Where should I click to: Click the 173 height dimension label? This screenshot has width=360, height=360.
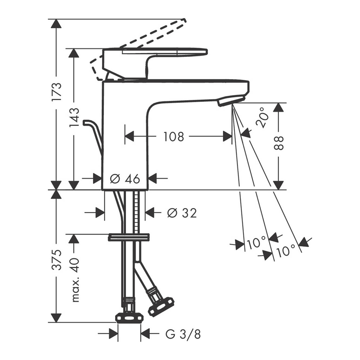coord(57,91)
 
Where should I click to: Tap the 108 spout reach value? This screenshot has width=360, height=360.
coord(174,136)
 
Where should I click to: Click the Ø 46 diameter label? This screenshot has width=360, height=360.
coord(125,179)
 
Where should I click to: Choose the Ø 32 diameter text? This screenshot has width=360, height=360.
coord(182,213)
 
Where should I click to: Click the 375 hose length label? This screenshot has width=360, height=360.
coord(57,260)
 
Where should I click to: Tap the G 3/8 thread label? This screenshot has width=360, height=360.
coord(183,334)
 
